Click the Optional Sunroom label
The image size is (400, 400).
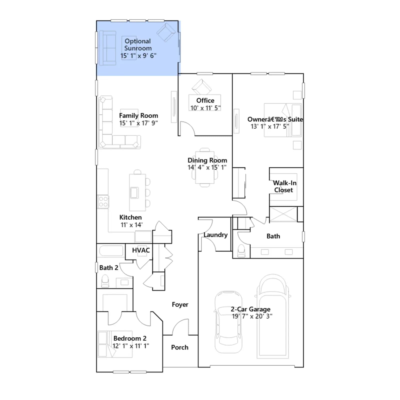pos(138,44)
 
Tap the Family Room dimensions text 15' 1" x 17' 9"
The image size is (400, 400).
pos(138,123)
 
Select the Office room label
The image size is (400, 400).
pos(205,100)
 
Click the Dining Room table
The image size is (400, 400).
pos(205,167)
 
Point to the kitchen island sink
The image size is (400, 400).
pos(134,193)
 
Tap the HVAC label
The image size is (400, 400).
pos(141,250)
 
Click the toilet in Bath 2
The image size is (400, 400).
pos(105,281)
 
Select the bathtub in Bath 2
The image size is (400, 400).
pos(111,251)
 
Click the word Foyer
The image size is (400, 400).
pos(180,304)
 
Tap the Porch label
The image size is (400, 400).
pos(180,347)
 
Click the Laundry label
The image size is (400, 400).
pos(215,235)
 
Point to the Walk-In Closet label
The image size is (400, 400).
pos(284,186)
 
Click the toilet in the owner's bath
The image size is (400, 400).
pos(241,251)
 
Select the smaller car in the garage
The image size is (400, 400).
pos(228,322)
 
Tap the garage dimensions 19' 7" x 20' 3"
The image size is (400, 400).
pos(252,316)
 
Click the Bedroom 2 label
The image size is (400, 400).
pos(130,338)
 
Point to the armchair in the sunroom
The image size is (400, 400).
pos(166,32)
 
